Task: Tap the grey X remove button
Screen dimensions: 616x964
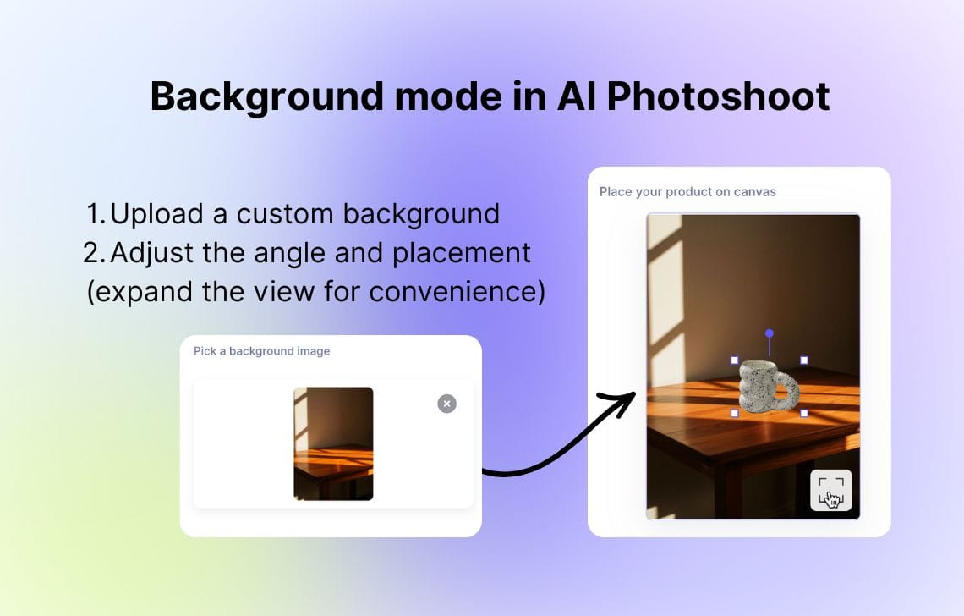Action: pos(446,404)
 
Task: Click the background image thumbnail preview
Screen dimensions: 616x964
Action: pos(333,443)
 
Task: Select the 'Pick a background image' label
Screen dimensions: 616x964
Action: pos(261,351)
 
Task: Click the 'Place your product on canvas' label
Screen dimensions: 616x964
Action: pos(687,192)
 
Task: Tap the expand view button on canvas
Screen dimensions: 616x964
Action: pos(830,491)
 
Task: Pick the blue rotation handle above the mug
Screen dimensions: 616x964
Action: pos(769,333)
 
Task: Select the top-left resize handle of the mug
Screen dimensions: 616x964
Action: pos(735,360)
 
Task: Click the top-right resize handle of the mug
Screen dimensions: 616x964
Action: pos(803,360)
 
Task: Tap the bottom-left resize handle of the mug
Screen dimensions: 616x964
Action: pos(735,413)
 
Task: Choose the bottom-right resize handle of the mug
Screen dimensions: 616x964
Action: pos(803,413)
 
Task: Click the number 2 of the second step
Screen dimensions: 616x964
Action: pos(92,253)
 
